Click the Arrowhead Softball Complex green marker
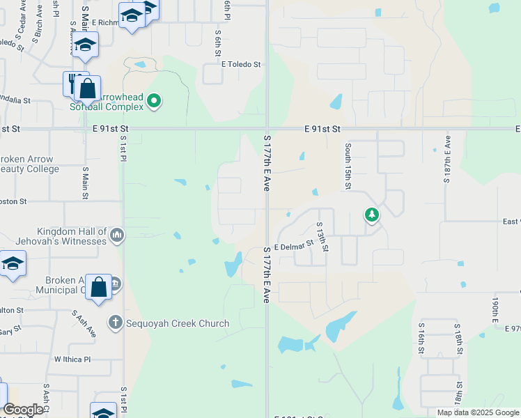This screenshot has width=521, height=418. [155, 102]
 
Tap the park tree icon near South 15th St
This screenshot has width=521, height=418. [372, 215]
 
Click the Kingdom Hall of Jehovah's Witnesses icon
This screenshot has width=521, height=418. [116, 235]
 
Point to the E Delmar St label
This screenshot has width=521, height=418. [294, 247]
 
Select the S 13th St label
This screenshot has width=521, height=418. [321, 237]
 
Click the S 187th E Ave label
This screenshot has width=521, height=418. [447, 163]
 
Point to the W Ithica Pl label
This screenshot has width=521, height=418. [72, 359]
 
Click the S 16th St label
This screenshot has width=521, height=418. [422, 337]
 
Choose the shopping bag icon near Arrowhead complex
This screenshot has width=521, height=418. [88, 89]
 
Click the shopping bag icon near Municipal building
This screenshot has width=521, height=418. [99, 287]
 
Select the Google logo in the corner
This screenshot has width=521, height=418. [23, 410]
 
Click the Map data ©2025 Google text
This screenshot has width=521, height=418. [478, 412]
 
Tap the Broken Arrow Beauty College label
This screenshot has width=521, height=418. [28, 164]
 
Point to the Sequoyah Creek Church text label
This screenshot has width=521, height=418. [178, 323]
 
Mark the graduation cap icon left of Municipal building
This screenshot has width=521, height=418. [13, 265]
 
